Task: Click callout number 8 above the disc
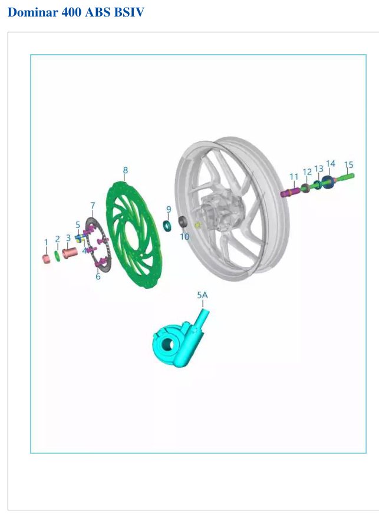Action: (125, 170)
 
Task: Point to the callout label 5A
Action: (202, 295)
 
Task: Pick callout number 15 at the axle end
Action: (348, 164)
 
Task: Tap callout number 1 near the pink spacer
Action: (46, 242)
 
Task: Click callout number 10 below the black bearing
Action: (184, 236)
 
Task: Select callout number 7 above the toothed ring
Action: (93, 206)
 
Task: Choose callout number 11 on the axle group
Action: (294, 177)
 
